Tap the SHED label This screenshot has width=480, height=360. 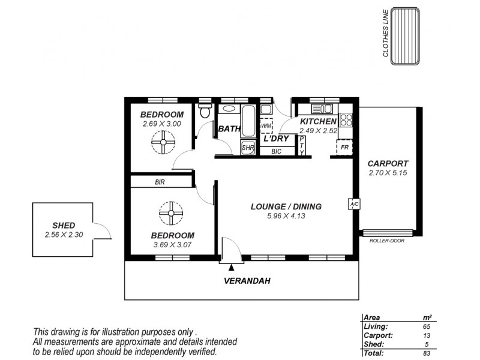(x=64, y=226)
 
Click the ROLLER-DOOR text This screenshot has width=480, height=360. (x=388, y=241)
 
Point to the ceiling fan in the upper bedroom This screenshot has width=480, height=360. (x=161, y=143)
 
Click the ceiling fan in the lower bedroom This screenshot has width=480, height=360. (x=172, y=212)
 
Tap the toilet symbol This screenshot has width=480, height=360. (x=205, y=111)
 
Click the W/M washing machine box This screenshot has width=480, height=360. (x=266, y=127)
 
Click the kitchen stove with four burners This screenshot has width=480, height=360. (x=346, y=119)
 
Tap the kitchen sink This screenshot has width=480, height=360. (x=322, y=109)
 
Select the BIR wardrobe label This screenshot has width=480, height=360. (x=160, y=181)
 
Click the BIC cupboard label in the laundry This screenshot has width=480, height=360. (x=277, y=151)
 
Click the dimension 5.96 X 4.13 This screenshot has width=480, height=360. (x=286, y=216)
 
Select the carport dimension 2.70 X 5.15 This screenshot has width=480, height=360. (x=388, y=173)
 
